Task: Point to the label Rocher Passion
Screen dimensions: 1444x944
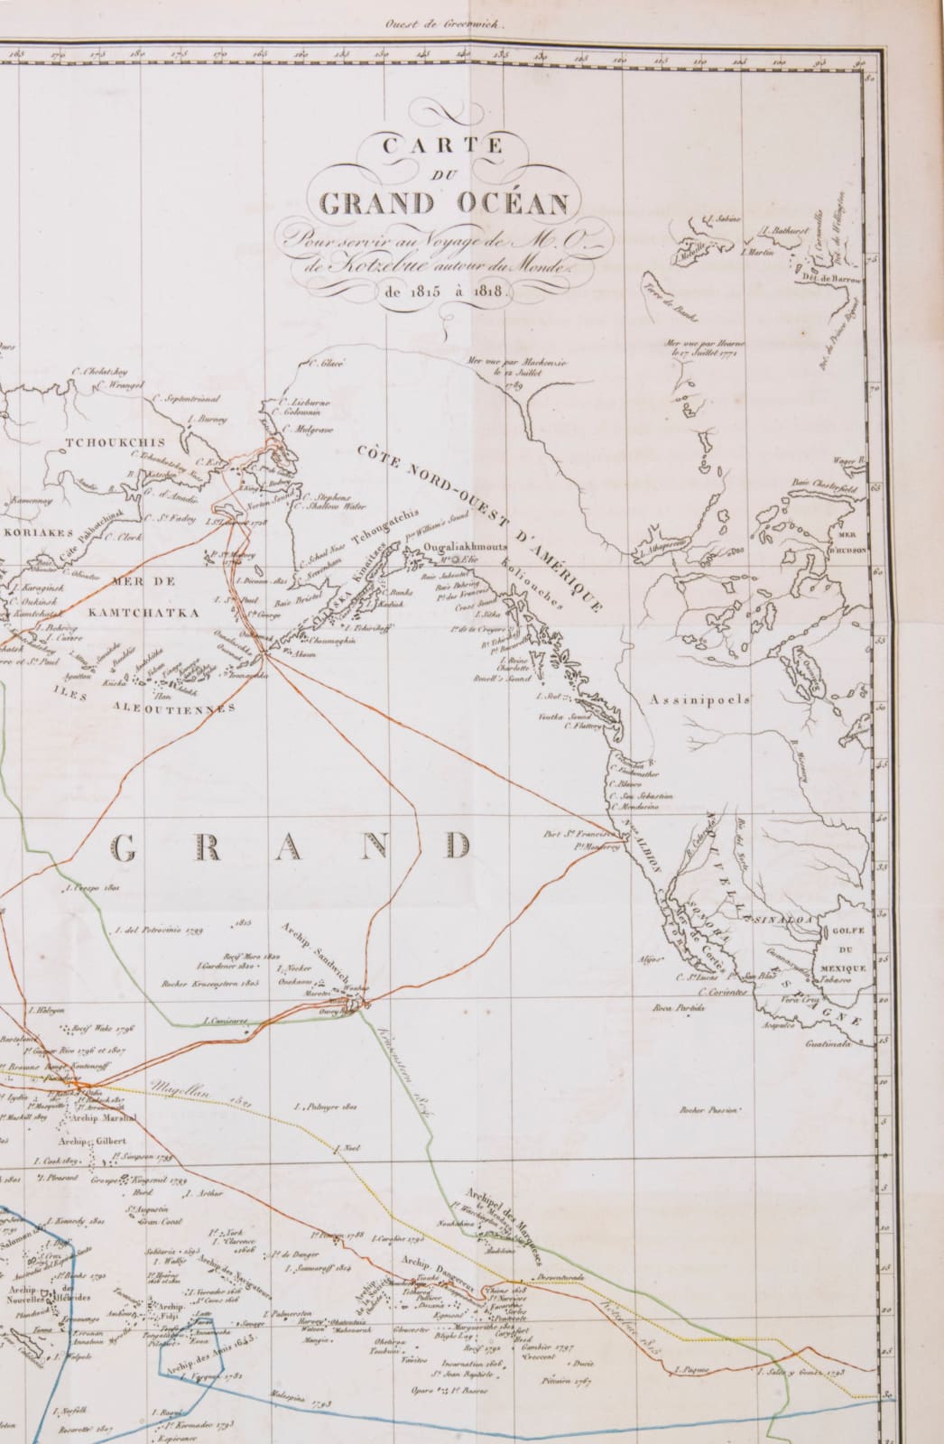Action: coord(709,1109)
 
